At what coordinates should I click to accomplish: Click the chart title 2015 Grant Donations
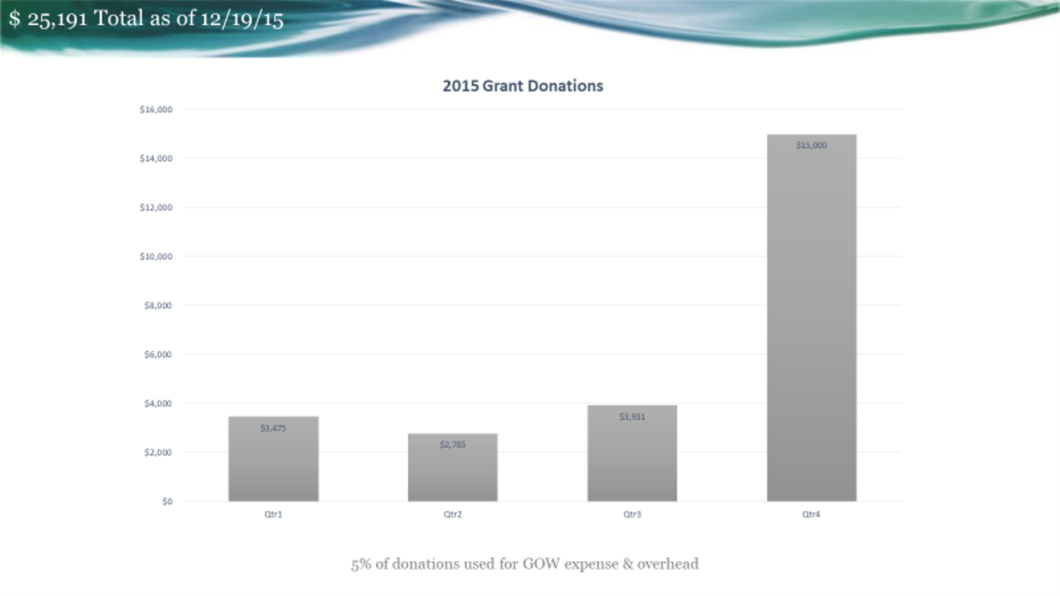[523, 86]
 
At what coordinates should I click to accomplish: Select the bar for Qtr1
[273, 459]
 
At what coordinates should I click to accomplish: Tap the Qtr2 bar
[453, 467]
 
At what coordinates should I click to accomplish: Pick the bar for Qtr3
[632, 453]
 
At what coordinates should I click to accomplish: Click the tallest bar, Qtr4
[811, 318]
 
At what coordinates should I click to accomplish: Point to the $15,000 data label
[811, 145]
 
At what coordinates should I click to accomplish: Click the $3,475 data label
[273, 428]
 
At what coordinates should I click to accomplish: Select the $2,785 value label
[453, 444]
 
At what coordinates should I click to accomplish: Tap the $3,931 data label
[632, 417]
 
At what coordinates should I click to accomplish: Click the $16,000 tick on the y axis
[156, 110]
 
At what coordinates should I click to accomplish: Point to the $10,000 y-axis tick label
[156, 257]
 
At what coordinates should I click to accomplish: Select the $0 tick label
[168, 501]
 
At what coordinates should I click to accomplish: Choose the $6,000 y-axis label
[158, 354]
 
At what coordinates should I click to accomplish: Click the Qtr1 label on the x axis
[273, 514]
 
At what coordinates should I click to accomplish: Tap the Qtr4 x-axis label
[811, 514]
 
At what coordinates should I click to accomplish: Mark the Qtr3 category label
[632, 514]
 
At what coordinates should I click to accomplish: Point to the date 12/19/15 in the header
[242, 19]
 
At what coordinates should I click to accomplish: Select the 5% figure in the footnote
[361, 564]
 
